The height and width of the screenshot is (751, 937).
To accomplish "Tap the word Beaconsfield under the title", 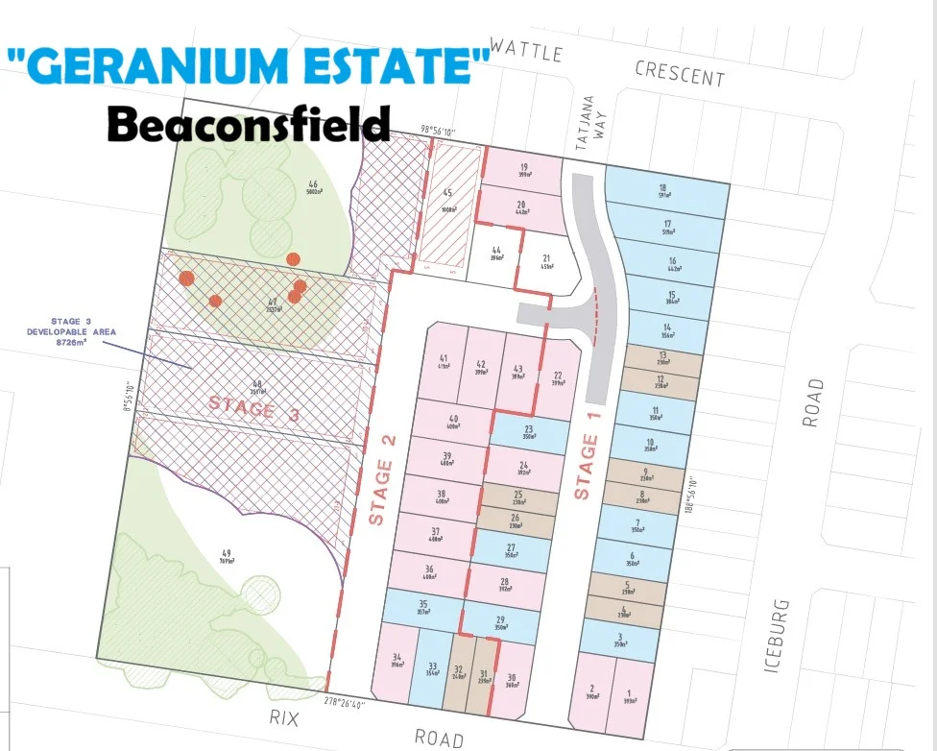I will (x=249, y=124).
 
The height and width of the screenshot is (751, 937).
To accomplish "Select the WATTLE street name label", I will (x=526, y=50).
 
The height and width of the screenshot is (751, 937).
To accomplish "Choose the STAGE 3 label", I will (x=254, y=407).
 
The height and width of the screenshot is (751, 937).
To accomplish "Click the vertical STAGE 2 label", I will (x=382, y=493).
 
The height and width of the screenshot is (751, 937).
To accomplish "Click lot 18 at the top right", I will (x=662, y=191).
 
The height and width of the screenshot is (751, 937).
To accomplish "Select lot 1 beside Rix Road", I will (x=630, y=698).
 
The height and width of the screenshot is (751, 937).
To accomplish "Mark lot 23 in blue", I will (x=528, y=433).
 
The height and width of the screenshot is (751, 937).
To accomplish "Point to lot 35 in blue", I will (x=422, y=608).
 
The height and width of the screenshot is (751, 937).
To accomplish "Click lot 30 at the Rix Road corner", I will (x=512, y=682).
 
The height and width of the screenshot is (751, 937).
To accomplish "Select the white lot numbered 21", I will (x=545, y=261).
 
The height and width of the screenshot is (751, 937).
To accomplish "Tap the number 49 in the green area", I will (x=227, y=553).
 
